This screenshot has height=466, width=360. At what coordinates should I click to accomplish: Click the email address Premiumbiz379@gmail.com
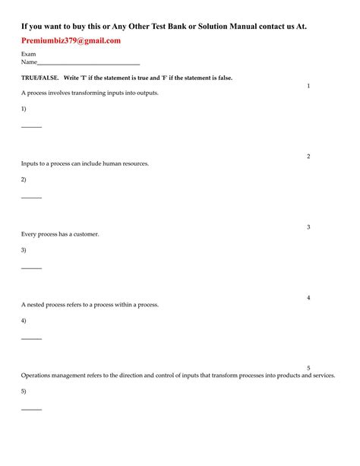71,41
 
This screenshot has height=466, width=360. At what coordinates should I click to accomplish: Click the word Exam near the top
28,55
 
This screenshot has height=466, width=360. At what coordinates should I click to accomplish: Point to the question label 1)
24,109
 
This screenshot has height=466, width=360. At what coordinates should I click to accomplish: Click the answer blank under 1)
31,126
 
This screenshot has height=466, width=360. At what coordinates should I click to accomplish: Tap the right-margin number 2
308,157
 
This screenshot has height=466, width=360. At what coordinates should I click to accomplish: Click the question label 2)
24,180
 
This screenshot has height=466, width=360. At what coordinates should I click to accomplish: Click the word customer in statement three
85,234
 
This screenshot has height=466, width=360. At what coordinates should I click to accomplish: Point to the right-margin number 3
308,227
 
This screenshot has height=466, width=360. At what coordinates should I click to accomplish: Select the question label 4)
24,321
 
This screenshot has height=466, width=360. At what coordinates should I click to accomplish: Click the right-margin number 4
308,298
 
